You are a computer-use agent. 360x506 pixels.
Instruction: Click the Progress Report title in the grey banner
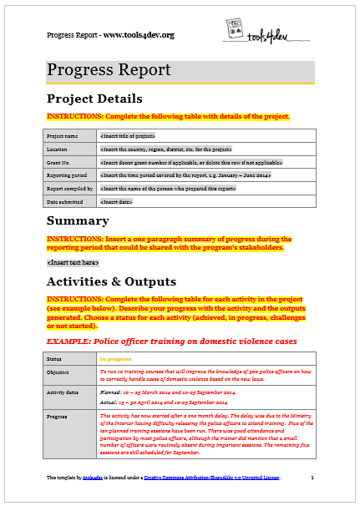(109, 70)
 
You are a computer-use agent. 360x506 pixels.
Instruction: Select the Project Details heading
(94, 99)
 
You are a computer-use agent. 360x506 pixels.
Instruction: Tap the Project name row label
(63, 135)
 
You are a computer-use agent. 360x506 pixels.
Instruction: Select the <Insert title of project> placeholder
(127, 135)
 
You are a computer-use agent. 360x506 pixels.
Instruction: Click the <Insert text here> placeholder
(73, 262)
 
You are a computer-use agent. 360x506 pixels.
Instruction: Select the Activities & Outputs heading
(111, 281)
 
